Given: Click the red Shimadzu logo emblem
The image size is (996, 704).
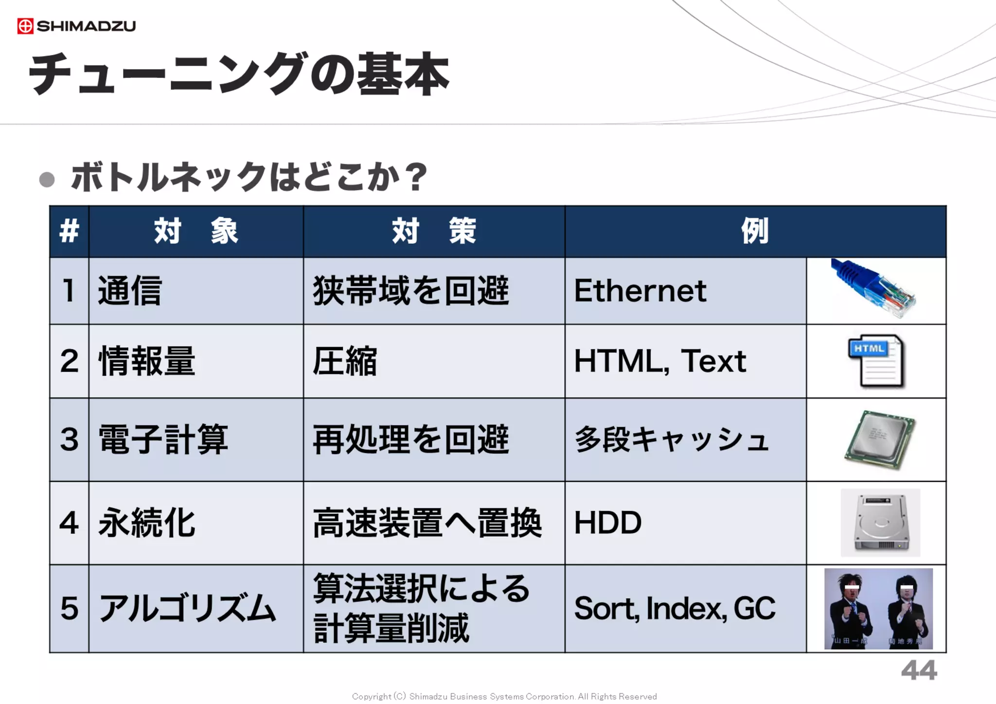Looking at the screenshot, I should (x=25, y=26).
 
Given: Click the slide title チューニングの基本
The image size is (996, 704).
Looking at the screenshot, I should (x=238, y=74).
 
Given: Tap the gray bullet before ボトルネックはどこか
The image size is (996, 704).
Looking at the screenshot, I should (x=47, y=179).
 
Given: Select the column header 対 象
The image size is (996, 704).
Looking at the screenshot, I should (x=196, y=231).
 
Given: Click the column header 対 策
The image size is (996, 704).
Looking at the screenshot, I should (x=433, y=231).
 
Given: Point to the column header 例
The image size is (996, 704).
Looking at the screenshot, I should (x=755, y=231).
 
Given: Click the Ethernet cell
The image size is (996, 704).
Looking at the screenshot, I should (x=640, y=291).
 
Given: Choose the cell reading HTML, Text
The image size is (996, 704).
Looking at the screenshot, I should (x=659, y=361).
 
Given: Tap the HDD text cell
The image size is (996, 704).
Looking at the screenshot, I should (x=608, y=523).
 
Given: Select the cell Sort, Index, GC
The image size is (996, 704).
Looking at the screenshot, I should (x=675, y=608).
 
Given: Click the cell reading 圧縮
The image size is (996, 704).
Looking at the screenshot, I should (x=345, y=361).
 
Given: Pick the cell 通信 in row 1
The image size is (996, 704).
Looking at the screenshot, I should (x=129, y=291).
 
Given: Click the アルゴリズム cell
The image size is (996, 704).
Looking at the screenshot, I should (x=187, y=608).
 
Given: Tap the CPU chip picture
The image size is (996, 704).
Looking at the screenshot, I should (x=880, y=440).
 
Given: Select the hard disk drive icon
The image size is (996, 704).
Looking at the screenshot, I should (x=880, y=523).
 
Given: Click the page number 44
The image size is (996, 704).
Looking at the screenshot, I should (x=919, y=671).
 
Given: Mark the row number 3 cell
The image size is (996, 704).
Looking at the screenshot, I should (x=69, y=440).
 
